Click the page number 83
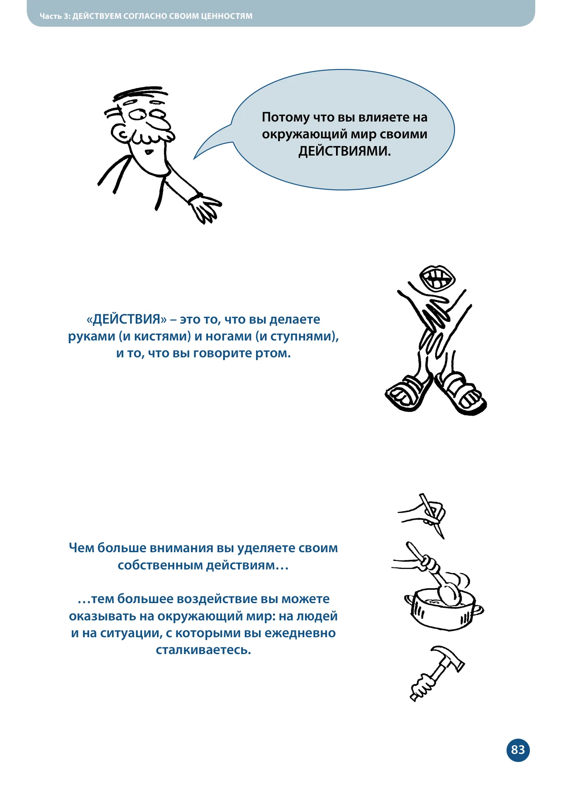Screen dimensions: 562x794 518,749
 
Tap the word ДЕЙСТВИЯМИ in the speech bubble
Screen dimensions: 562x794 344,151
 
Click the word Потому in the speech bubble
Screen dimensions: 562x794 286,117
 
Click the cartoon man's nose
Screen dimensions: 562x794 161,122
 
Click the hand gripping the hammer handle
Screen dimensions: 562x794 421,686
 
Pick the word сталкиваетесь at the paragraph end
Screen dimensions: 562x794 203,650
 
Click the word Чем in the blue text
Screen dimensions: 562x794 81,548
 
